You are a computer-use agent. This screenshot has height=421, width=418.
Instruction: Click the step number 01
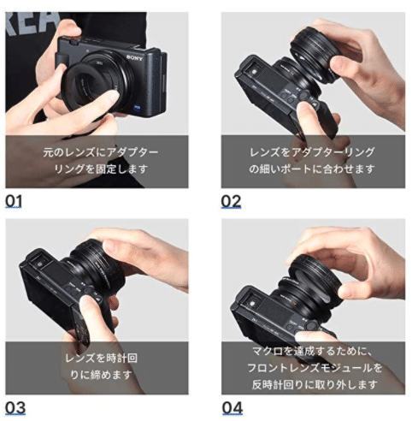15,202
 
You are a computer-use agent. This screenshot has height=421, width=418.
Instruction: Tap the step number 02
231,202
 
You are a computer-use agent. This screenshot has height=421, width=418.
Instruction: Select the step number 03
15,407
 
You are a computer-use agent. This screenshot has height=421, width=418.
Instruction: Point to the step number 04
232,407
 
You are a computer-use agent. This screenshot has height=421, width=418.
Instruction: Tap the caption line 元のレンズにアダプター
101,152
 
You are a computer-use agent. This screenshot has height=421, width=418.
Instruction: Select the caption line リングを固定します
101,169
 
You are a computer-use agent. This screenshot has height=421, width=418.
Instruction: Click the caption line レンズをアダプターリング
312,152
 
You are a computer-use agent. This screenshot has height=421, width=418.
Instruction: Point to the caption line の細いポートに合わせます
312,169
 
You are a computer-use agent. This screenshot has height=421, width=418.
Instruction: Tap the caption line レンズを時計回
101,357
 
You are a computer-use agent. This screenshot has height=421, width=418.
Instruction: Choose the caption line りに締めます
101,374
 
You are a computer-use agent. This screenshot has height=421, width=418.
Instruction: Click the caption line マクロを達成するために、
312,350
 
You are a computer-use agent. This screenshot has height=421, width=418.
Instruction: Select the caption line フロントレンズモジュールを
312,366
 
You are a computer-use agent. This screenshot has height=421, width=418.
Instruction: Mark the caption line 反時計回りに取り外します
312,382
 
